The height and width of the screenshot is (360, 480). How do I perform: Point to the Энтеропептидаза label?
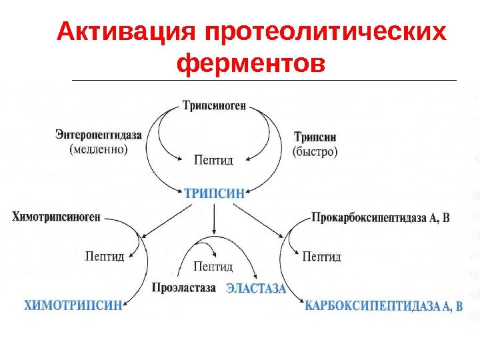pyautogui.click(x=99, y=135)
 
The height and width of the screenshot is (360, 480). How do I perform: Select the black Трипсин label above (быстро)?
pyautogui.click(x=315, y=137)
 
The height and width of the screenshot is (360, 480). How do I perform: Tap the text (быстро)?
pyautogui.click(x=315, y=151)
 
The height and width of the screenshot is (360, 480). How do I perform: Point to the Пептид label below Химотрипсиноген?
pyautogui.click(x=105, y=255)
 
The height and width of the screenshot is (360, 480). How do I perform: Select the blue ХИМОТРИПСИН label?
pyautogui.click(x=74, y=305)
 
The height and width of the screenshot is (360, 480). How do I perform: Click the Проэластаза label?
pyautogui.click(x=184, y=288)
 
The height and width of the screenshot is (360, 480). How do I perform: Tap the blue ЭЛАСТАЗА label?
pyautogui.click(x=256, y=289)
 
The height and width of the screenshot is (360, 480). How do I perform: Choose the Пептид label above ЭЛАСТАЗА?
pyautogui.click(x=213, y=267)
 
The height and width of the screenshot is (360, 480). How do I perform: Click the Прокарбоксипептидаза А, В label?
pyautogui.click(x=381, y=217)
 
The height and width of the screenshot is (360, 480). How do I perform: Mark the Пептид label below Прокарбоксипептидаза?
pyautogui.click(x=321, y=256)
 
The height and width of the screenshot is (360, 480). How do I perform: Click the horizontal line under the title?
pyautogui.click(x=263, y=81)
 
